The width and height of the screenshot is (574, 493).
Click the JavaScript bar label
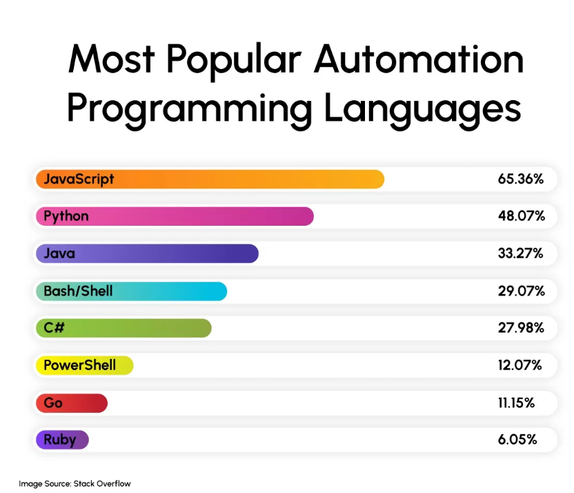point(79,180)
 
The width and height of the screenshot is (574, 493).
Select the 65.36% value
point(521,180)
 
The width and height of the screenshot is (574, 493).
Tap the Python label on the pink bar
point(66,216)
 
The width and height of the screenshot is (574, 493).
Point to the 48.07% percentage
point(521,216)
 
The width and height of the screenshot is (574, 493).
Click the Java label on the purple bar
point(59,253)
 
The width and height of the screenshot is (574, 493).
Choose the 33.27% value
point(520,253)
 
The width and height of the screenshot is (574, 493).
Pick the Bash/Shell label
point(78,291)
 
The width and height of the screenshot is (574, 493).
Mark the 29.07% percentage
point(521,291)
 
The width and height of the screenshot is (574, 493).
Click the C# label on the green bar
point(54,327)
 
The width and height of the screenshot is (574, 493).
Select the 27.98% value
point(521,327)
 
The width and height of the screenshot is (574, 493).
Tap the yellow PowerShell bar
point(83,365)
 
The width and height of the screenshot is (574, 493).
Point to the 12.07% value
point(520,365)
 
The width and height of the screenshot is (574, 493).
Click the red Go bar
point(71,403)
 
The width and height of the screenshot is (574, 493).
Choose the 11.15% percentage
point(516,403)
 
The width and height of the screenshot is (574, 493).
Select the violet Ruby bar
point(61,440)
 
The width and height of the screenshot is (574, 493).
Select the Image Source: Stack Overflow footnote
point(75,483)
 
